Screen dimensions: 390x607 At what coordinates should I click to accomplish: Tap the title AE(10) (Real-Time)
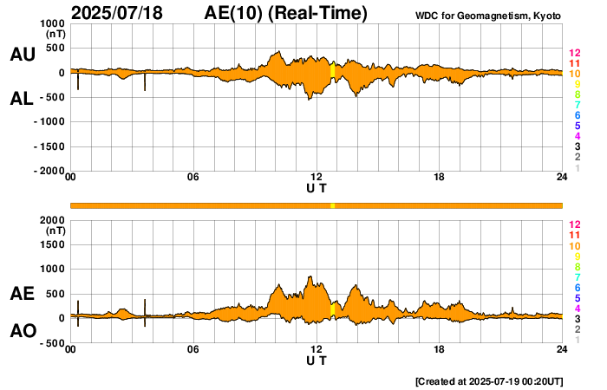(286, 13)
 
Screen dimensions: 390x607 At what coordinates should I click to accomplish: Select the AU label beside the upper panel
(22, 55)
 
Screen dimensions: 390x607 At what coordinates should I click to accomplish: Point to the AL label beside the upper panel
(22, 99)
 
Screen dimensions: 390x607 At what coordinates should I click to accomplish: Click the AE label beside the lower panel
(22, 295)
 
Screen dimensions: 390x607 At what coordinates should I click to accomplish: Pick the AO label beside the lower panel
(22, 331)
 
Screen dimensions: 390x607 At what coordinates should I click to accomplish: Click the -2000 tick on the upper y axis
(49, 172)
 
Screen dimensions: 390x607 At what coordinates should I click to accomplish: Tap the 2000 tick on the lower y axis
(53, 220)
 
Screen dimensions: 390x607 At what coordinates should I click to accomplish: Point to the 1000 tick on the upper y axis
(53, 23)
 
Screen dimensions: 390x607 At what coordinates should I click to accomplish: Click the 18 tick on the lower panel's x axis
(439, 349)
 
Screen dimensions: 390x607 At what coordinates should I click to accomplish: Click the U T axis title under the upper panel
(317, 188)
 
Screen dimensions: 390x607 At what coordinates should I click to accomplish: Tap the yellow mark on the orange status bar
(332, 205)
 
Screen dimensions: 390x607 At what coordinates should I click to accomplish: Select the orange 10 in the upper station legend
(574, 75)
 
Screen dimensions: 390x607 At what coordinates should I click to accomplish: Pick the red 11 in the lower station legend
(574, 235)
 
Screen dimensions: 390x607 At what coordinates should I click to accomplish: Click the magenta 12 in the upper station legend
(574, 53)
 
